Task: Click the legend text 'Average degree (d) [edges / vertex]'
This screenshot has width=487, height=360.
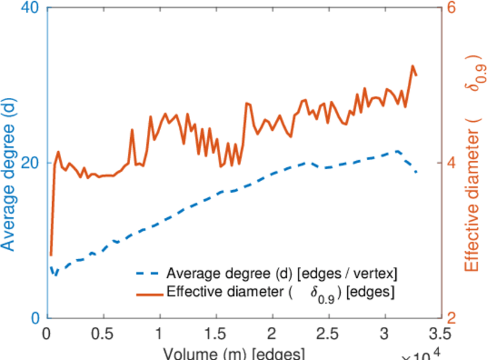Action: coord(281,274)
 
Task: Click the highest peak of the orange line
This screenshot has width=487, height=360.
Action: coord(413,66)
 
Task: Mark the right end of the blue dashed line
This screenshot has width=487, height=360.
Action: coord(416,173)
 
